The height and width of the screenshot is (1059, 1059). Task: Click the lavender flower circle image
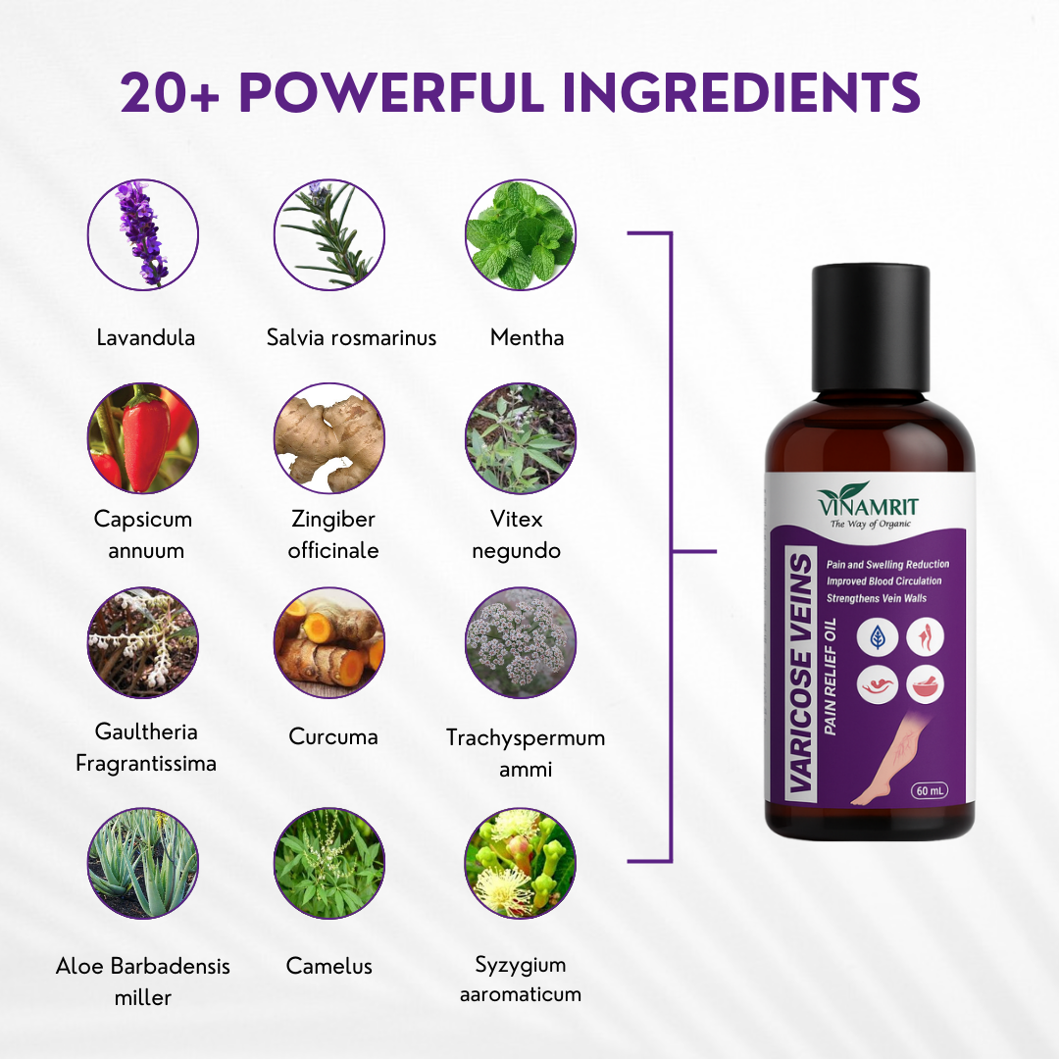[x=143, y=235]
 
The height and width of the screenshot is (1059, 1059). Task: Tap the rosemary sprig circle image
[x=328, y=235]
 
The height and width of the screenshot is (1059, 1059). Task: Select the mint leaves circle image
[x=520, y=235]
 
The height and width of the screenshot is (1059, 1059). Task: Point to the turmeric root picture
[x=328, y=643]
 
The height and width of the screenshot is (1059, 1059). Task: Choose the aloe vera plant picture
[x=143, y=863]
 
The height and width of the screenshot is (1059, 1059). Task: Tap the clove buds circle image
[x=520, y=863]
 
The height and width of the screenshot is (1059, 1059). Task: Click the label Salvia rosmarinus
[x=351, y=337]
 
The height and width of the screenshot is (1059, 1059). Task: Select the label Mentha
[x=527, y=337]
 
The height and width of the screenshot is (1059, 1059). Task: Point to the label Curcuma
[x=333, y=736]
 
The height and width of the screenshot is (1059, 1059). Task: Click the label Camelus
[x=328, y=966]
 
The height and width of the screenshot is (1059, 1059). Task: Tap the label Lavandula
[x=146, y=337]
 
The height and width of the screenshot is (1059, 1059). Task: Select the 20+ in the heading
[x=171, y=92]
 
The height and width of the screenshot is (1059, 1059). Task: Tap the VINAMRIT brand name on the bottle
[x=868, y=505]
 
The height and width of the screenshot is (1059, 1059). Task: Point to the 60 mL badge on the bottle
[x=930, y=790]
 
